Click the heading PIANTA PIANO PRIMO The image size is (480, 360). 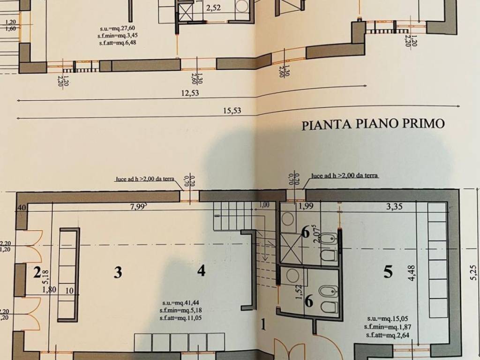point(373,125)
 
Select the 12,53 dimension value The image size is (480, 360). point(190,93)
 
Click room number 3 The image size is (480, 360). point(118,272)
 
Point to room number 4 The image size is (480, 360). point(201,270)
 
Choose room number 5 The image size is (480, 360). point(388,272)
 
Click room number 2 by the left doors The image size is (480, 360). point(37,272)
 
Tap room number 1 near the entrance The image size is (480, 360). point(264,323)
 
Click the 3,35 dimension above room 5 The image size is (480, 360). point(395,206)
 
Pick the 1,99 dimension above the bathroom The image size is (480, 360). point(306,206)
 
